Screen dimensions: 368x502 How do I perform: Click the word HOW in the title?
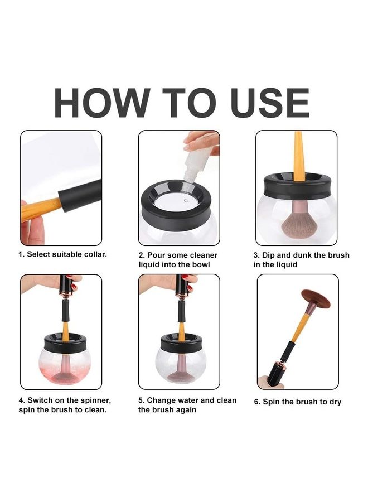[102, 103]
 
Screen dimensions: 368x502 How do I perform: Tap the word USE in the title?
[270, 103]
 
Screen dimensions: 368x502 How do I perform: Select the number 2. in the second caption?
[142, 255]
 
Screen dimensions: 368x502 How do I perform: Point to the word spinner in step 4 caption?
[96, 400]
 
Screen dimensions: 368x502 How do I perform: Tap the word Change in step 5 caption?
[161, 400]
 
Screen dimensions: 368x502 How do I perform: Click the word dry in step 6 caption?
[336, 402]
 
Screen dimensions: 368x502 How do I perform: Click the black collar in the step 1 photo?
[80, 195]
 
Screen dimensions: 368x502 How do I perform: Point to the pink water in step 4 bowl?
[65, 367]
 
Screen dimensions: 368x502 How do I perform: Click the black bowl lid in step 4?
[65, 343]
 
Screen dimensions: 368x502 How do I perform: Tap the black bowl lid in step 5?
[181, 343]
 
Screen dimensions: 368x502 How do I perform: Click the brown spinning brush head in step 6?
[316, 298]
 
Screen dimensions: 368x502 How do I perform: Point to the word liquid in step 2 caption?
[149, 265]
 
